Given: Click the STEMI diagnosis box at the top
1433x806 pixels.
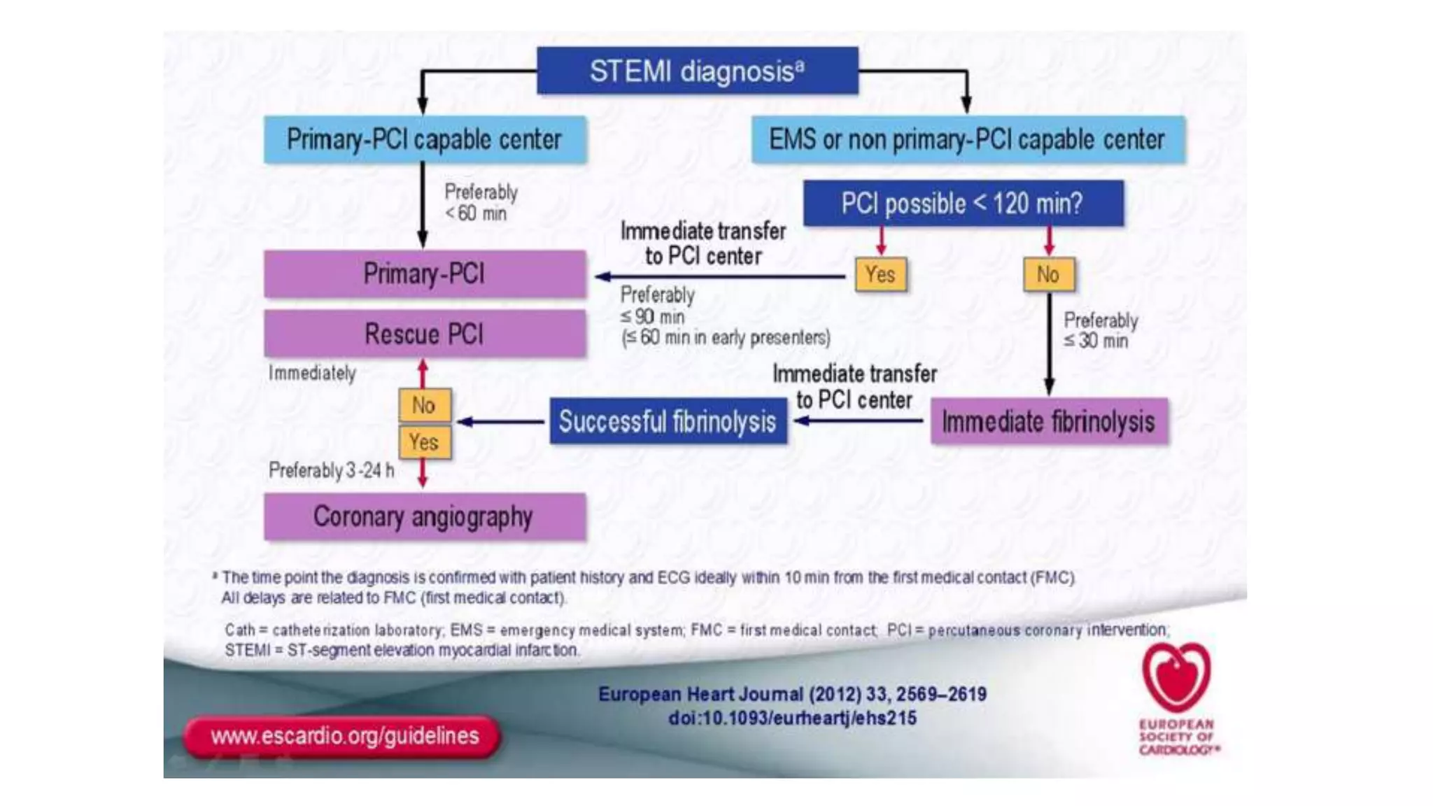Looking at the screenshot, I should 697,71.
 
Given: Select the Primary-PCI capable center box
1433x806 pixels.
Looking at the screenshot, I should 425,140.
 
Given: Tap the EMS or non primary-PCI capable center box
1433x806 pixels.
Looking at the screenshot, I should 968,140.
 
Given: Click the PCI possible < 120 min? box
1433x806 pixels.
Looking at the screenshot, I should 963,204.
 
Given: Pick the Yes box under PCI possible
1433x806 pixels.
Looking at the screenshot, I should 880,274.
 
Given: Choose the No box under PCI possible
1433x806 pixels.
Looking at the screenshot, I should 1048,274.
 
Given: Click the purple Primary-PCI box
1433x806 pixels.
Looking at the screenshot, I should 425,274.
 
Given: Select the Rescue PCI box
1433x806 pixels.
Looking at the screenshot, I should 425,334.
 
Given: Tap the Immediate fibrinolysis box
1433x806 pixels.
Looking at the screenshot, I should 1048,421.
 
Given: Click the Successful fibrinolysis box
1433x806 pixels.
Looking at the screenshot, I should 668,421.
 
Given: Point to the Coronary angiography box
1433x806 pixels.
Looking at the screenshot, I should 425,517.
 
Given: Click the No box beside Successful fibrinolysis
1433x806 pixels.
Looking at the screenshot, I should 424,405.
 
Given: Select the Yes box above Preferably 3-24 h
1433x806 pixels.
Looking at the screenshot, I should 424,442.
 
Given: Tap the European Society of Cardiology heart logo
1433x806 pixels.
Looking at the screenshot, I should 1176,677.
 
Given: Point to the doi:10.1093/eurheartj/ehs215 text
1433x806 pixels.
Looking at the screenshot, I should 792,718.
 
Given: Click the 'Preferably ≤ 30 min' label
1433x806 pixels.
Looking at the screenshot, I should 1100,330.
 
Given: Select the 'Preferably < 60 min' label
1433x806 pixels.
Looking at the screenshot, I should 481,202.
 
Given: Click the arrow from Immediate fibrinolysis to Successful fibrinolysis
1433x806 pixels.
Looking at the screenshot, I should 859,421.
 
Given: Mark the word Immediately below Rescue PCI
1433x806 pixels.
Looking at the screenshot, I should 312,373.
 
